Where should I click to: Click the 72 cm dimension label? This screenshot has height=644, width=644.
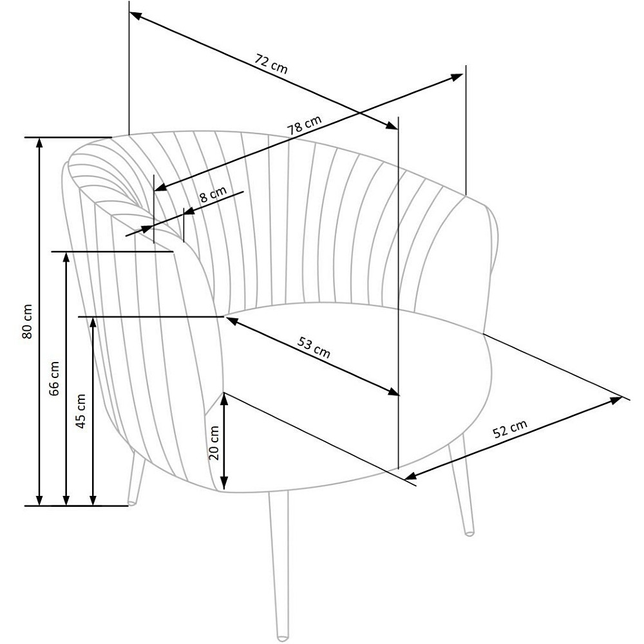(x=271, y=64)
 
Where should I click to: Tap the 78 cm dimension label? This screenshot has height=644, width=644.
(x=304, y=125)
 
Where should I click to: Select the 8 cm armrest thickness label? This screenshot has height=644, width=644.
(x=213, y=194)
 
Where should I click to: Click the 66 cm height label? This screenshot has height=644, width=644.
(x=54, y=378)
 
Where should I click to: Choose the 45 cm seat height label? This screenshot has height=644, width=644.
(x=81, y=411)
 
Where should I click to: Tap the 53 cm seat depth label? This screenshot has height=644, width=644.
(x=314, y=348)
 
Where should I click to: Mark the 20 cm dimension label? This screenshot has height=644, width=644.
(x=214, y=443)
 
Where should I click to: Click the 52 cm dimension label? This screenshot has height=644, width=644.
(x=509, y=429)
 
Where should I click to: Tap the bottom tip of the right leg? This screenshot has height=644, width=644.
(x=469, y=533)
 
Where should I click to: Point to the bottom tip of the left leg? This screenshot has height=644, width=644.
(x=132, y=503)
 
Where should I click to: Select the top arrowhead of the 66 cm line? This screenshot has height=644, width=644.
(x=66, y=257)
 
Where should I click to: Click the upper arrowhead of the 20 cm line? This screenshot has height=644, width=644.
(x=224, y=398)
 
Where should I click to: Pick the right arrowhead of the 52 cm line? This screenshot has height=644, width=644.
(x=617, y=400)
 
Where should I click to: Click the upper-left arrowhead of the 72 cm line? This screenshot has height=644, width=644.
(x=135, y=16)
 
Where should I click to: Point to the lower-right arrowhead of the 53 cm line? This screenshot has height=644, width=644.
(x=393, y=392)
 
